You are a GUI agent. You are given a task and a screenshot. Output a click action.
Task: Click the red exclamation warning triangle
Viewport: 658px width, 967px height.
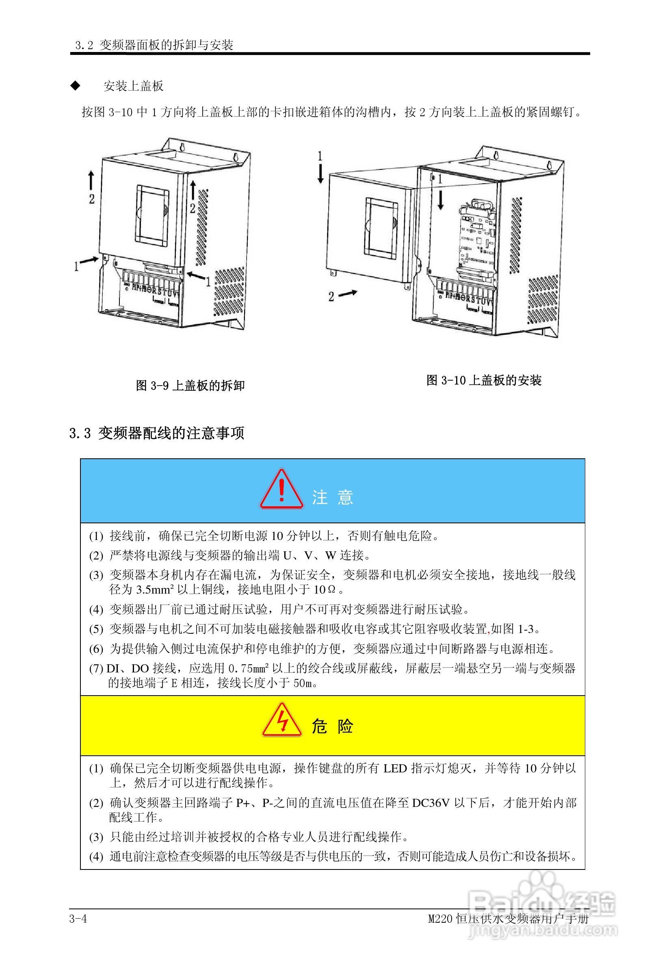point(281,490)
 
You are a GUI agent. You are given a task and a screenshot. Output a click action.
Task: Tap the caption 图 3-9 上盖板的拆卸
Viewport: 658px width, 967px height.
point(190,385)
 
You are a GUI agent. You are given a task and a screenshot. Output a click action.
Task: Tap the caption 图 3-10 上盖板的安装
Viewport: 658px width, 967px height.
point(484,380)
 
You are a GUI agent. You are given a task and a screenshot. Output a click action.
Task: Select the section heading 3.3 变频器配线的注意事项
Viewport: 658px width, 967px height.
point(157,433)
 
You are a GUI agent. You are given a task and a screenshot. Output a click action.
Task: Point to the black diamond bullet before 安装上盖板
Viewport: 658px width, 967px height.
point(75,86)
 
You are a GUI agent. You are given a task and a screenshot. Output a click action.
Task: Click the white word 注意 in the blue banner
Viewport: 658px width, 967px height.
point(332,497)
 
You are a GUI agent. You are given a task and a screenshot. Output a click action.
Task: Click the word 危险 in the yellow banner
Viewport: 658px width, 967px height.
point(332,726)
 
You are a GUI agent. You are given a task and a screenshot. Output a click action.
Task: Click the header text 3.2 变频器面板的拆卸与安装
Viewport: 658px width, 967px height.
point(154,45)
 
